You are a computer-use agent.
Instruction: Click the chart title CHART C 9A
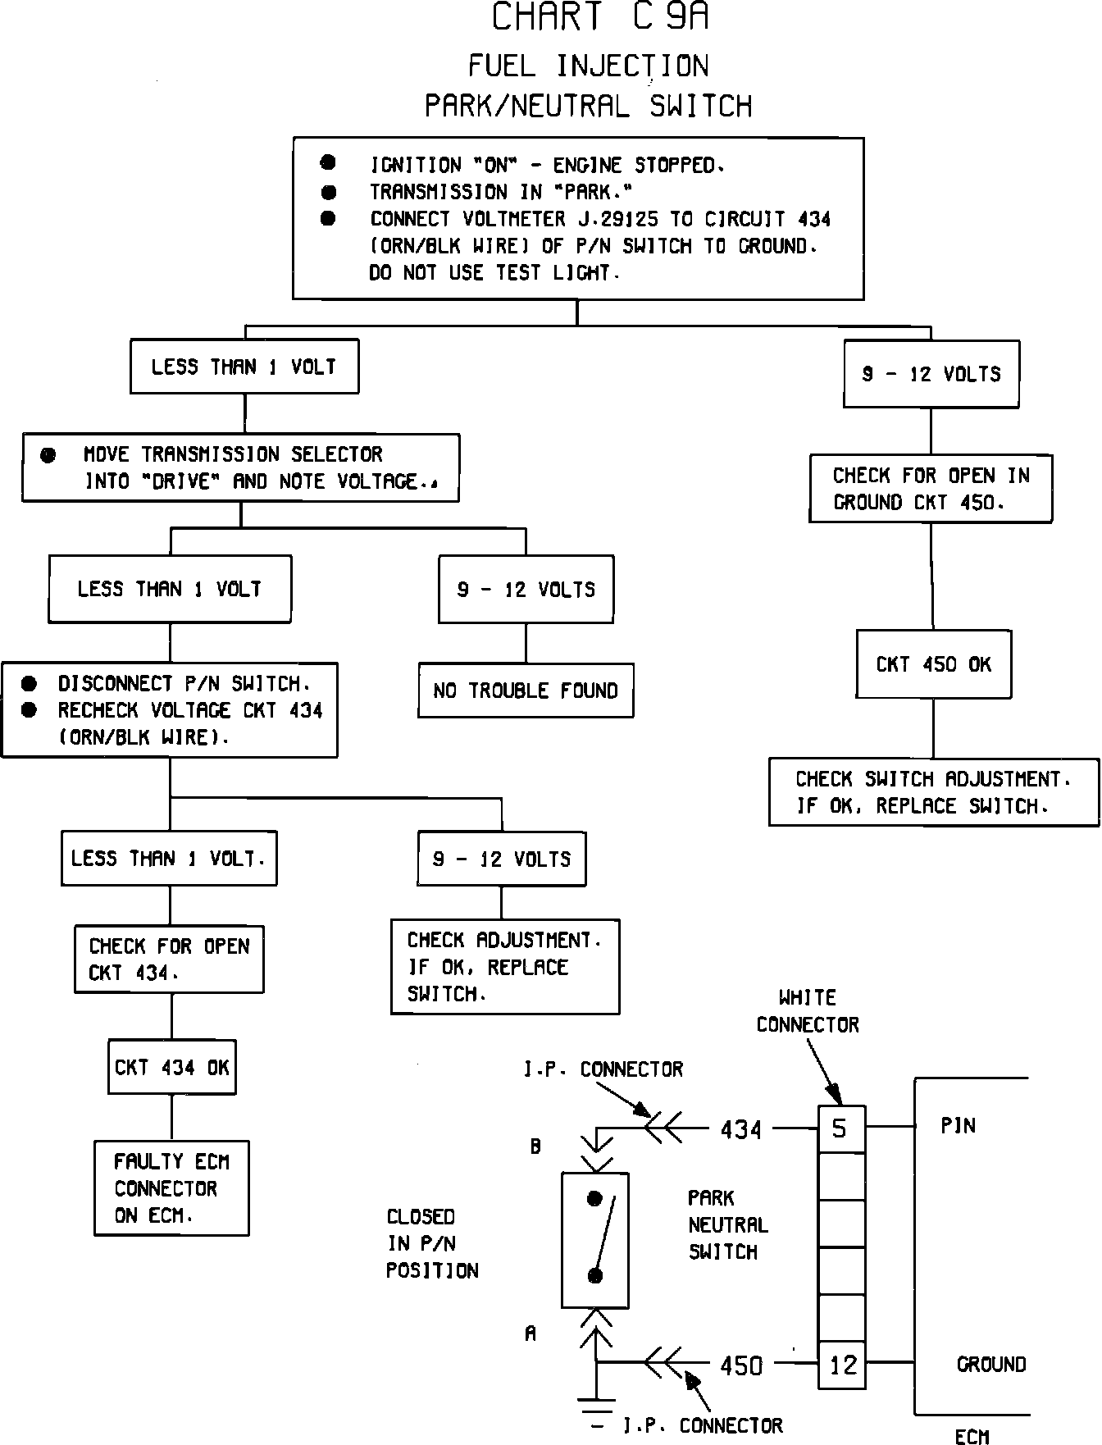599,17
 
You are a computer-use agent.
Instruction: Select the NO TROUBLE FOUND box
526,691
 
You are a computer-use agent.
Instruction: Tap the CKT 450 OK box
933,664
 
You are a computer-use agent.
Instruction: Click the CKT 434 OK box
172,1067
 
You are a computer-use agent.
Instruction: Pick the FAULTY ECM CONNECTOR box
171,1187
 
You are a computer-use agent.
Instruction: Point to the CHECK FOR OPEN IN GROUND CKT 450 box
931,488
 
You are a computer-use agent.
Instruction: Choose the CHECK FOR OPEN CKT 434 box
170,959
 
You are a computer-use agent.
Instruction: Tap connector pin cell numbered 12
842,1365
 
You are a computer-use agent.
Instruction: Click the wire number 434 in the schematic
741,1130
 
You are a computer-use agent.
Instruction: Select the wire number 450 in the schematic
741,1365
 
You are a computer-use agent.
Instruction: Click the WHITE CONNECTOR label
808,1011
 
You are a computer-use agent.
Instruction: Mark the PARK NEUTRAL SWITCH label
727,1224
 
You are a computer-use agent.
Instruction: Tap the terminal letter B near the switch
535,1146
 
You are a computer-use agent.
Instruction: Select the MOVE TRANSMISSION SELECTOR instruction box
240,467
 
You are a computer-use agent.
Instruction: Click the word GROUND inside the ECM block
991,1365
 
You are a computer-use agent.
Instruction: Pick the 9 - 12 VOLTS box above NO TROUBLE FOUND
526,589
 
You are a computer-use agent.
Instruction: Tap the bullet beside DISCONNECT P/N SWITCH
30,683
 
